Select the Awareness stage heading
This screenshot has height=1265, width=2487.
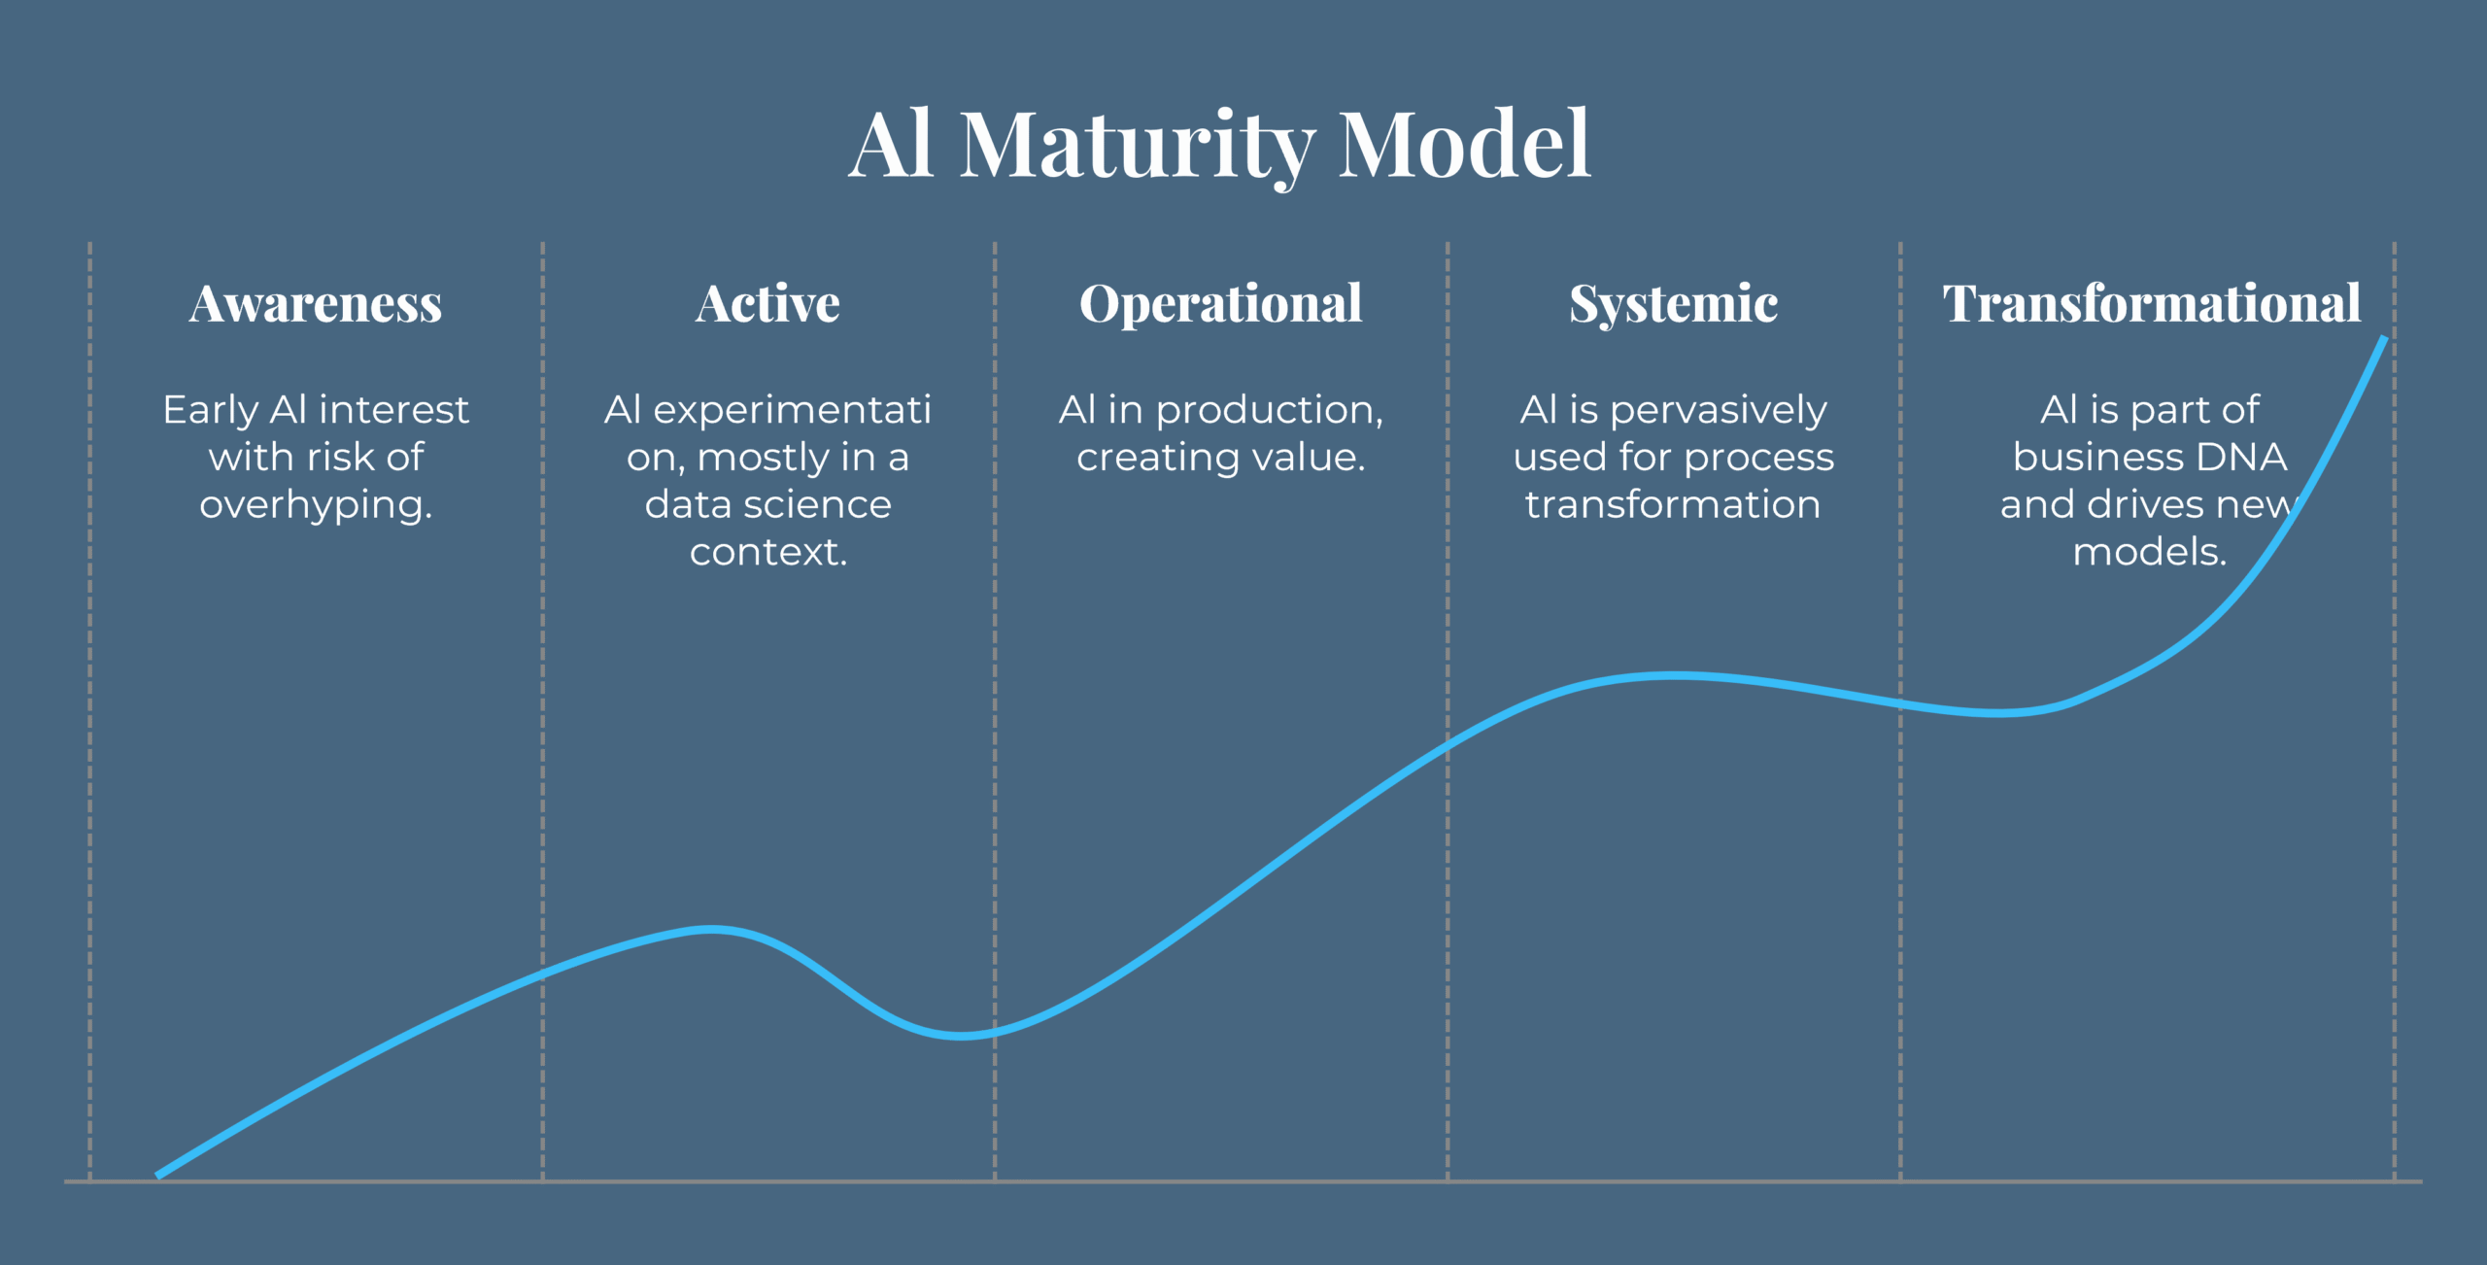pos(316,303)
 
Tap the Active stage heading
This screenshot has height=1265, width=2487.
pos(767,303)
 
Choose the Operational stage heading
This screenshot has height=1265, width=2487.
pos(1221,305)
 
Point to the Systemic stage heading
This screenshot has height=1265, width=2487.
pos(1674,305)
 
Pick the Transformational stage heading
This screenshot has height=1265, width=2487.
pos(2152,303)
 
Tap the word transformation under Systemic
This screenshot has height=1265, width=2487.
pos(1673,504)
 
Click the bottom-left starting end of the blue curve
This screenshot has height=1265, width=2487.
pos(158,1176)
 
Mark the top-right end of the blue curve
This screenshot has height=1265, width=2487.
pos(2384,337)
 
